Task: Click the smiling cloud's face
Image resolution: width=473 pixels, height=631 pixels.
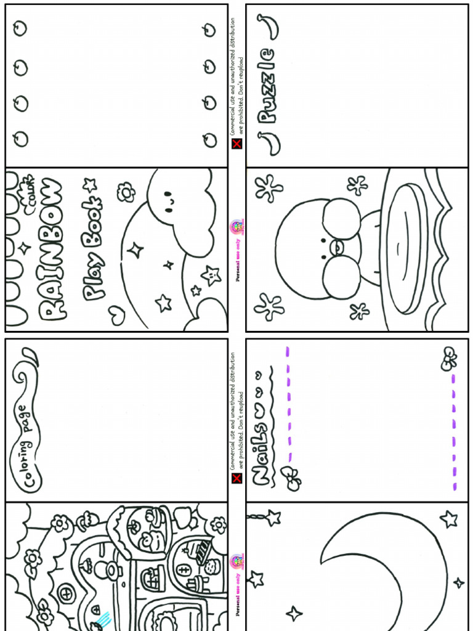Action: pos(168,199)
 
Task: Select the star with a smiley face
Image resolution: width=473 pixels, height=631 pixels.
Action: pos(211,274)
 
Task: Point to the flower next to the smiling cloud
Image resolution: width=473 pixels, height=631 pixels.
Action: pos(126,192)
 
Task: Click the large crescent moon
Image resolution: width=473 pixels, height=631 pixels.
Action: pos(382,573)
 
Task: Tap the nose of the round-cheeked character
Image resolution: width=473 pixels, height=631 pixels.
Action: pos(338,247)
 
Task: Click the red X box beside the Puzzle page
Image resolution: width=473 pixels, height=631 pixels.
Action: pos(236,144)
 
